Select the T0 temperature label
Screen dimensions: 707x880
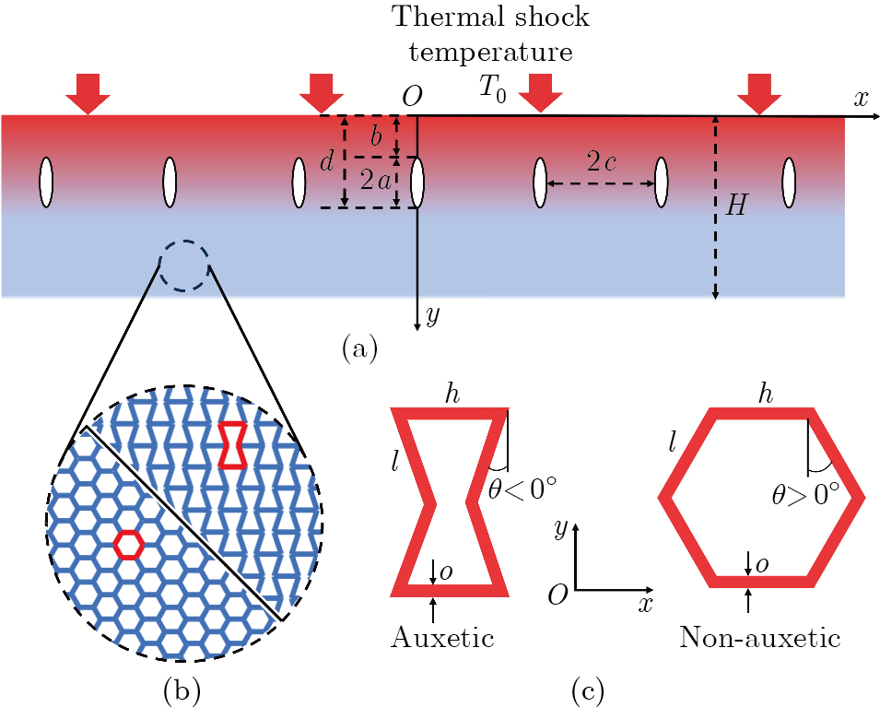491,88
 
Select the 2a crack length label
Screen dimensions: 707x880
375,183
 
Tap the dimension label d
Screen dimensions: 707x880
326,163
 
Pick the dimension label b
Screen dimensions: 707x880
375,137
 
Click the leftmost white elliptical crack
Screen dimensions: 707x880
45,183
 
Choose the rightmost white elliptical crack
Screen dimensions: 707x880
789,183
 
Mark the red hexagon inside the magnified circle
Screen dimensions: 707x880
129,545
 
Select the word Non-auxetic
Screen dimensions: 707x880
760,637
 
